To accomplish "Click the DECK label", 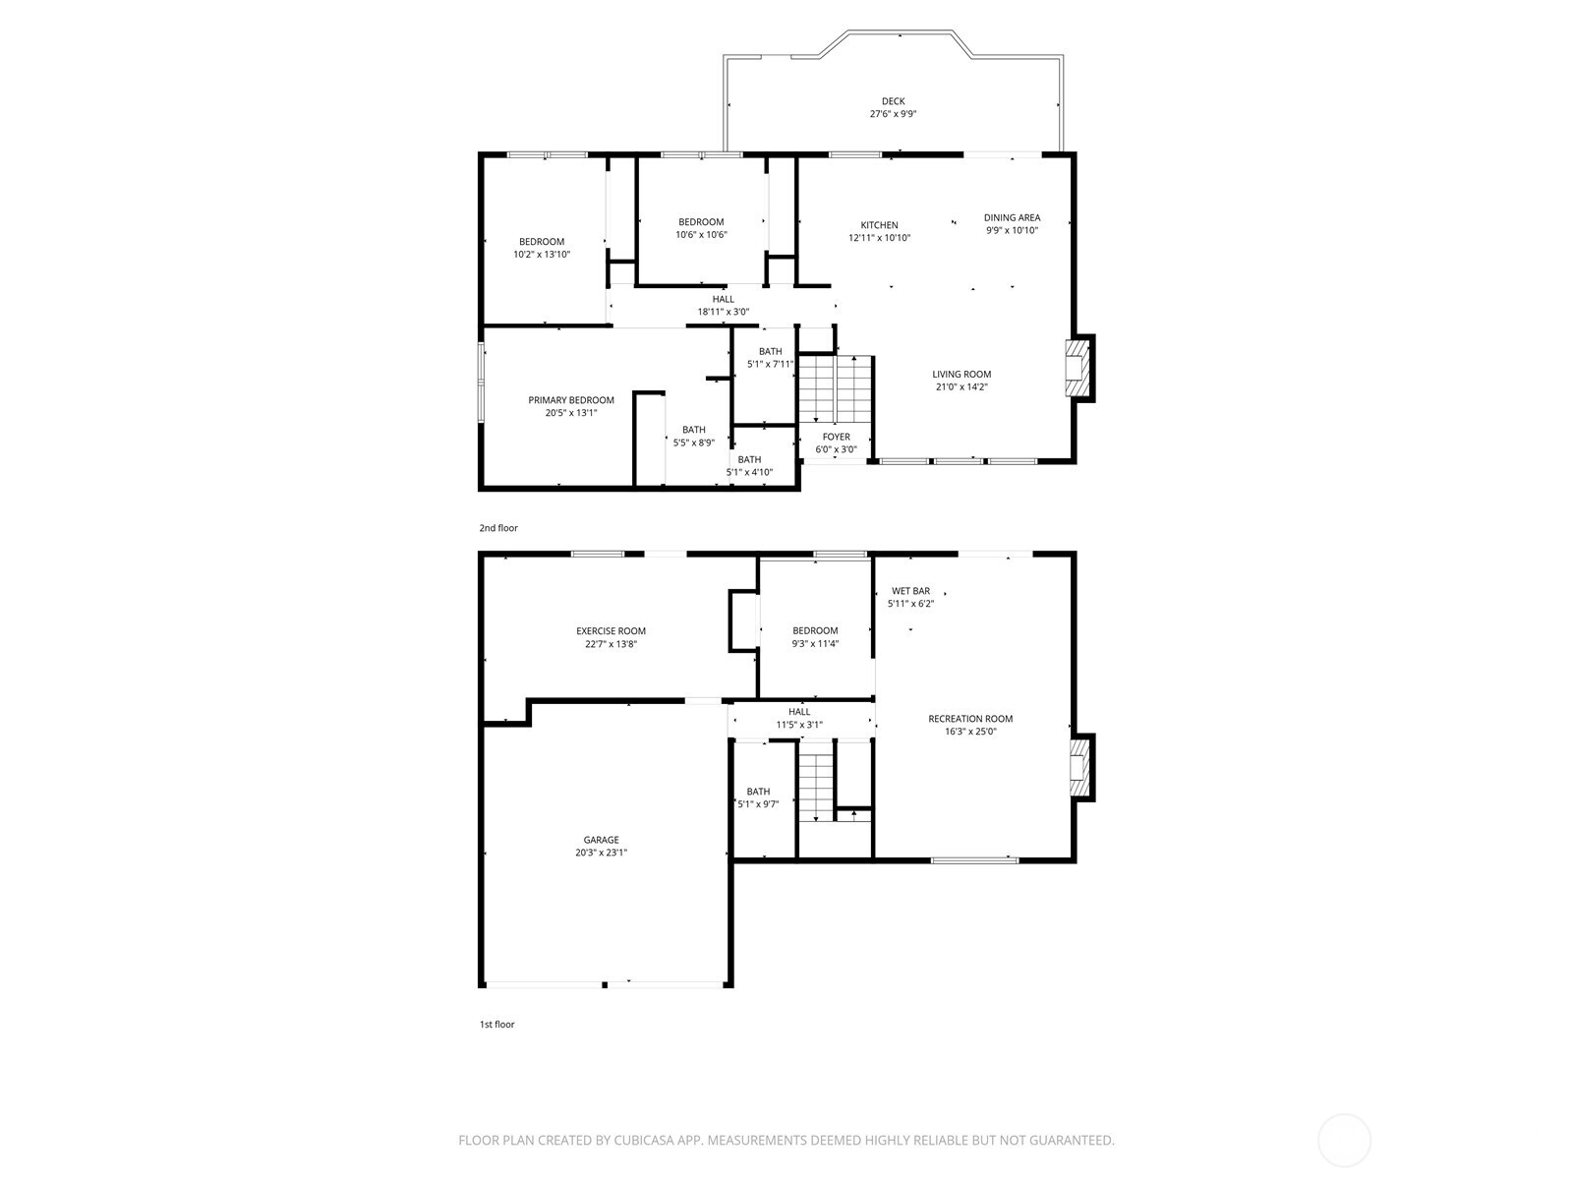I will [893, 101].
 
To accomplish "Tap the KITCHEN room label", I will [879, 225].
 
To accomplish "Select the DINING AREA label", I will [1012, 218].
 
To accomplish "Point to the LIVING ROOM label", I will [961, 375].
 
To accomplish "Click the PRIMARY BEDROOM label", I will [571, 400].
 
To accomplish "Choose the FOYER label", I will [836, 438].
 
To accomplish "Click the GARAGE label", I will [601, 840].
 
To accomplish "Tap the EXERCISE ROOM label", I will [611, 631].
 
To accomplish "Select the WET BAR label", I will [910, 591].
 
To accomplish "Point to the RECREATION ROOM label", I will [969, 719].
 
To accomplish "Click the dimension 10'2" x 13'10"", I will [542, 255].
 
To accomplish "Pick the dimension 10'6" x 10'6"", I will [701, 235].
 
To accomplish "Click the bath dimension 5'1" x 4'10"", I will [749, 472].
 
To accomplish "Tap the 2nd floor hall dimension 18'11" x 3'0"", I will [724, 313].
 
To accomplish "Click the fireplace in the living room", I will [1079, 369].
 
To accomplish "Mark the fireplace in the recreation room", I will [1080, 767].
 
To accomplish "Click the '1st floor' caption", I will [496, 1025].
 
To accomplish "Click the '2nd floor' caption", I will [498, 528].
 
